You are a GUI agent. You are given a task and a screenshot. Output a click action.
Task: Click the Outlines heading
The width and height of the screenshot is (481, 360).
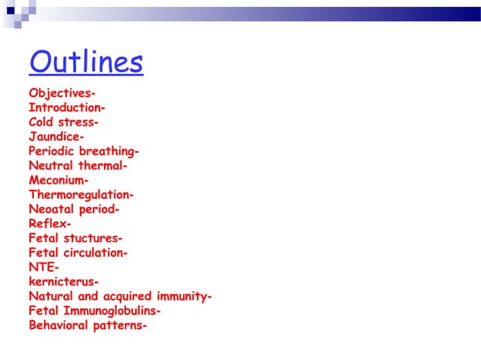[86, 63]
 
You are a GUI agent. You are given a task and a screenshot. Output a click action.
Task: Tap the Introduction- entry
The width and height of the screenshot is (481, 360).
[66, 108]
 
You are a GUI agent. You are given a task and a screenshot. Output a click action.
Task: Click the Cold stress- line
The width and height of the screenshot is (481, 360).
[63, 122]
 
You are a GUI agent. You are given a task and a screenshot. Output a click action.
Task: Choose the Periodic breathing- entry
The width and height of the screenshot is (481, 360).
[84, 151]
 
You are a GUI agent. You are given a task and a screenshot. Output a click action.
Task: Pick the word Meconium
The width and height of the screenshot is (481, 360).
[57, 181]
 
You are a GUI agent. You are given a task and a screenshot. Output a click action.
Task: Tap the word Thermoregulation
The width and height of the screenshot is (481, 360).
[79, 195]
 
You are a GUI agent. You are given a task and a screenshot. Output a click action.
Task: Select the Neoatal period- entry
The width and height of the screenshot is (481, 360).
[74, 209]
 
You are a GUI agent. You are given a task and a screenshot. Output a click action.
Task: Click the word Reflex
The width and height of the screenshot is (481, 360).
[47, 224]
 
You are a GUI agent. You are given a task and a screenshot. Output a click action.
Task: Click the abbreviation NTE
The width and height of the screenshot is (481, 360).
[41, 267]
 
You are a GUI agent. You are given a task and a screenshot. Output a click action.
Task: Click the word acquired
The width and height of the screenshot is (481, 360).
[124, 296]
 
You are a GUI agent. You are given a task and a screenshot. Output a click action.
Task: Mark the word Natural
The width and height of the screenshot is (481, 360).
[51, 296]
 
